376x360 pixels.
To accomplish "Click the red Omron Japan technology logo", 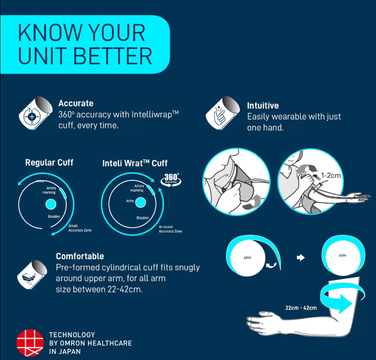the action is click(30, 343).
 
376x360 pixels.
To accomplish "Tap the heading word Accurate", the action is click(76, 104).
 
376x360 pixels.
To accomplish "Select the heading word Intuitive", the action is click(263, 105).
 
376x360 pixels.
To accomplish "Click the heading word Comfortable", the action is click(80, 256).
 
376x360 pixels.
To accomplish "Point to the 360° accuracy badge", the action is click(171, 180).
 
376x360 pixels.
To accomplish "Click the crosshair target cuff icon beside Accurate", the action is click(36, 113).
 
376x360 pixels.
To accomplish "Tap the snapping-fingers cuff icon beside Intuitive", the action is click(223, 113).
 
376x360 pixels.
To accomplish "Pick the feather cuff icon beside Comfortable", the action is click(32, 274).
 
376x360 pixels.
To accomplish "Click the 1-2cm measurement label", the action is click(331, 175).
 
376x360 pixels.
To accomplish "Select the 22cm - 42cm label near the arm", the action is click(301, 308).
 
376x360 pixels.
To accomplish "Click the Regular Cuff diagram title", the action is click(49, 162).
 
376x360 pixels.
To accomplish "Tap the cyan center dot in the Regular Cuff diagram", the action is click(51, 204).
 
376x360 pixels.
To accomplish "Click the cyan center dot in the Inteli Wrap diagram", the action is click(140, 202).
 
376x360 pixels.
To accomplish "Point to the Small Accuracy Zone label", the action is click(80, 228).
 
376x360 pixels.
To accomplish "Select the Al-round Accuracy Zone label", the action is click(170, 229).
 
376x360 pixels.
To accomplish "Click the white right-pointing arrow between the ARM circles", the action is click(301, 258).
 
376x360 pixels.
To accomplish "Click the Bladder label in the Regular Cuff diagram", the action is click(54, 216).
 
